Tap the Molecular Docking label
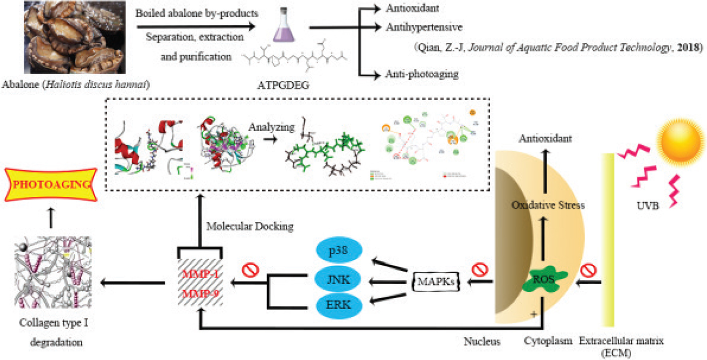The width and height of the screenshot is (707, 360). [250, 226]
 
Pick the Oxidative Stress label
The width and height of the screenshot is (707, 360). [547, 205]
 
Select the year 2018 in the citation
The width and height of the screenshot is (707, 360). [691, 48]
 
